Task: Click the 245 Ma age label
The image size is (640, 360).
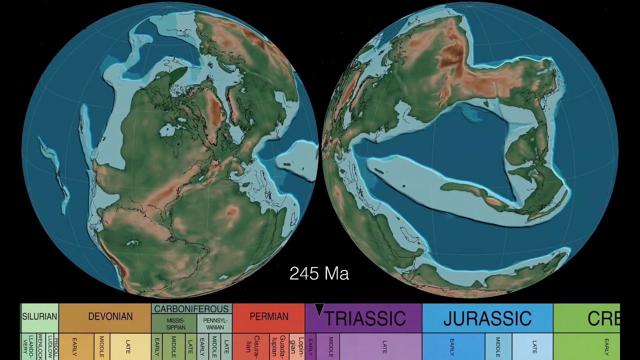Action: click(319, 273)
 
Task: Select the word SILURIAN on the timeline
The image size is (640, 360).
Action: click(39, 317)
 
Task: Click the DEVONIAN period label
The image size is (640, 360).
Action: click(110, 317)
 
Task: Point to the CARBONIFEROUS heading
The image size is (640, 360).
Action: click(191, 309)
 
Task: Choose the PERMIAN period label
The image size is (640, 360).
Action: click(269, 317)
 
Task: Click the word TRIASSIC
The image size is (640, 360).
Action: click(365, 318)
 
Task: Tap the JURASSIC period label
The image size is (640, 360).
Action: click(487, 318)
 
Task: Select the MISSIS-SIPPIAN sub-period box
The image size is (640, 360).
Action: click(175, 324)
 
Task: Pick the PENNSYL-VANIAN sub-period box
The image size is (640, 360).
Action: click(215, 324)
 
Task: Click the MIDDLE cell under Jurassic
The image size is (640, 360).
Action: click(498, 346)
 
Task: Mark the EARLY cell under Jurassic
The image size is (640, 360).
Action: click(452, 346)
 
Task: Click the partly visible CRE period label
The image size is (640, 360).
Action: click(603, 318)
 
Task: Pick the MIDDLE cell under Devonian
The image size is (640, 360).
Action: click(101, 346)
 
